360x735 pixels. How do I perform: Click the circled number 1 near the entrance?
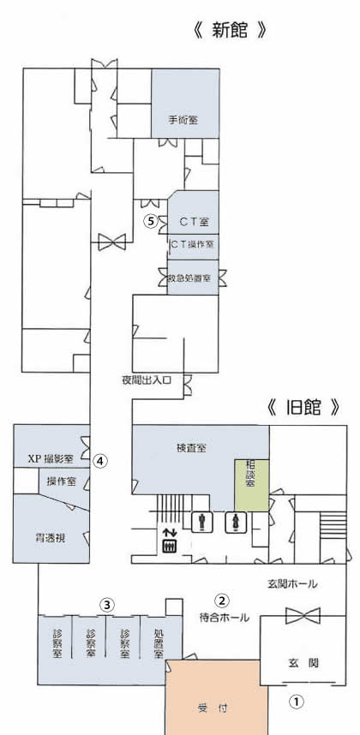[x=296, y=702]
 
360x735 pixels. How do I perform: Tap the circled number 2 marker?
[x=221, y=600]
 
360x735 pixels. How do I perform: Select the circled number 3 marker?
[x=107, y=605]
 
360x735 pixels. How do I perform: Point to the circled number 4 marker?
[x=99, y=461]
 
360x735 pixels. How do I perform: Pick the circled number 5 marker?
[x=150, y=220]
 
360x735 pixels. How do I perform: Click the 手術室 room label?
[x=183, y=120]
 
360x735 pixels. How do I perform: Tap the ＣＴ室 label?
[x=194, y=221]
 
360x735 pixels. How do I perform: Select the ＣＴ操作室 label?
[x=192, y=244]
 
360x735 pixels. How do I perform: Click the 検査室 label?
[x=192, y=448]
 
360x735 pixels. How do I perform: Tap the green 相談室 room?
[x=252, y=485]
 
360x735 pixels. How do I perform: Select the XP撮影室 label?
[x=51, y=459]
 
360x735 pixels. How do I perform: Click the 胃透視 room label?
[x=50, y=538]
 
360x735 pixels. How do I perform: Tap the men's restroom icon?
[x=201, y=523]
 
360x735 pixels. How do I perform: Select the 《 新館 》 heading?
[x=230, y=31]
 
